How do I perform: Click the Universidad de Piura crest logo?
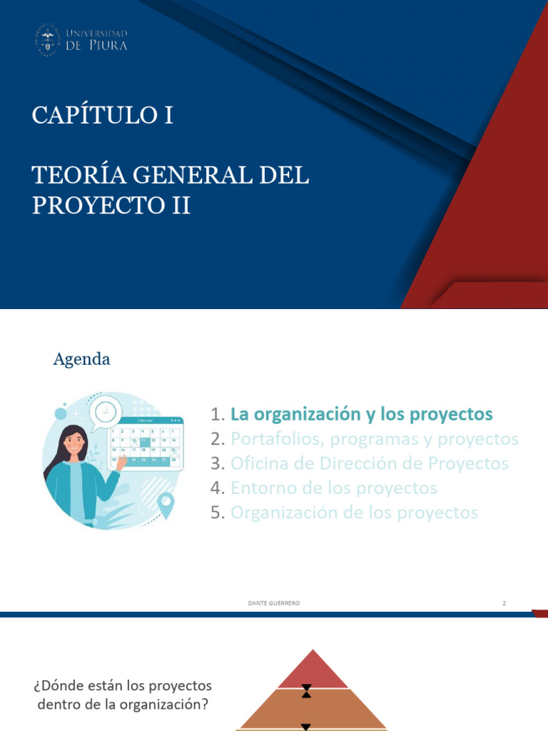(48, 39)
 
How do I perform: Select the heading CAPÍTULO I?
(102, 116)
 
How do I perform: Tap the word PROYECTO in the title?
(98, 206)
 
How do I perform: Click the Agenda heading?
(81, 359)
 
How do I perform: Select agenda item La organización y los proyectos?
(362, 414)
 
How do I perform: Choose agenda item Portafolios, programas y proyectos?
(375, 438)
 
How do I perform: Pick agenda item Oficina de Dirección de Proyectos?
(370, 463)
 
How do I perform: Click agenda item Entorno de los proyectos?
(334, 488)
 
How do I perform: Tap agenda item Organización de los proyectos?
(354, 513)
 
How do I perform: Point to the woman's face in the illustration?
(74, 442)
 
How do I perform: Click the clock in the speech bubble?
(105, 412)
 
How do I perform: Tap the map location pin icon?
(166, 505)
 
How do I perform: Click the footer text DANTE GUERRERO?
(273, 603)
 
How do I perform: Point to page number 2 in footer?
(504, 603)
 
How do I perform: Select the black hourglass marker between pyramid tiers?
(306, 690)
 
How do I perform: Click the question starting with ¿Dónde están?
(123, 694)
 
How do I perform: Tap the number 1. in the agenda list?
(218, 415)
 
